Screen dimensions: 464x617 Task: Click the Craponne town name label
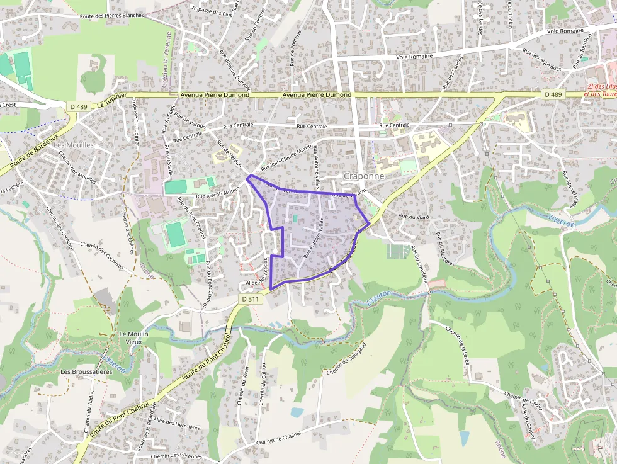click(x=364, y=176)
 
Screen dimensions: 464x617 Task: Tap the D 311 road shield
click(x=251, y=299)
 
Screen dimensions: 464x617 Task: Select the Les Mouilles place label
click(x=74, y=145)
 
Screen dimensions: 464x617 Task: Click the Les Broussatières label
click(x=86, y=372)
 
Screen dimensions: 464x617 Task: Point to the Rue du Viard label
click(x=414, y=217)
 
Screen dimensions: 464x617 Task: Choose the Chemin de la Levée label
click(x=457, y=341)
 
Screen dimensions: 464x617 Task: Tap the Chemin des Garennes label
click(x=176, y=456)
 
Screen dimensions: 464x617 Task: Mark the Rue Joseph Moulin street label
click(x=218, y=192)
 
